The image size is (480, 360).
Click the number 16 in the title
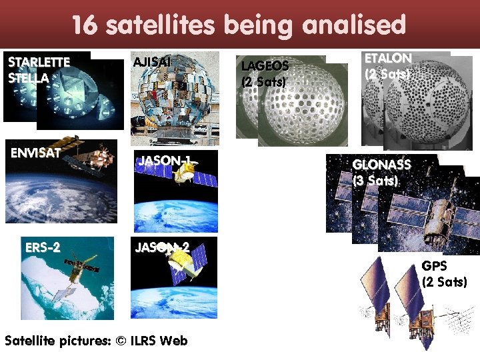pyautogui.click(x=85, y=25)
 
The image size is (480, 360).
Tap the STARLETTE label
pyautogui.click(x=39, y=62)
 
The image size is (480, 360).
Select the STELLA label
pyautogui.click(x=28, y=77)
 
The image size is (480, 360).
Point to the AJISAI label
pyautogui.click(x=153, y=62)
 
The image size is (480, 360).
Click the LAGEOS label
pyautogui.click(x=265, y=66)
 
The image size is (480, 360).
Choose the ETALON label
pyautogui.click(x=387, y=58)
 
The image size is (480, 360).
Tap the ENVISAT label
pyautogui.click(x=35, y=152)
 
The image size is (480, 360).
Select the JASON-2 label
pyautogui.click(x=162, y=247)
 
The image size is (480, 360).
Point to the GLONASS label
pyautogui.click(x=381, y=164)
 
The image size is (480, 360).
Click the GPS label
pyautogui.click(x=434, y=266)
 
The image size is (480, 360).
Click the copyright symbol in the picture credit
pyautogui.click(x=121, y=341)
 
